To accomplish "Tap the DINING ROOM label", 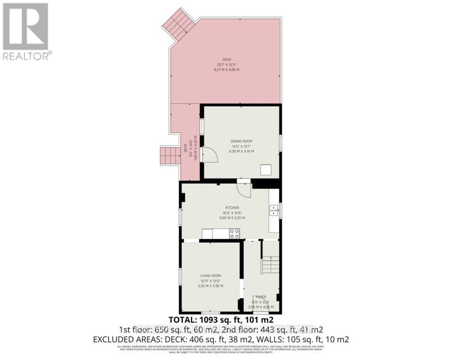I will (x=242, y=141).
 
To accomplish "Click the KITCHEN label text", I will (x=232, y=208).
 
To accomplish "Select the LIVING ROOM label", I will (x=211, y=275).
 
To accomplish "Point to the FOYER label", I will (x=261, y=297).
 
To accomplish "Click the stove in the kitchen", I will (x=234, y=234).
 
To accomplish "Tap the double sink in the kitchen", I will (x=274, y=211).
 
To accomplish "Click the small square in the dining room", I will (x=266, y=169).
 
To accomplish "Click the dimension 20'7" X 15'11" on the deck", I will (x=227, y=65).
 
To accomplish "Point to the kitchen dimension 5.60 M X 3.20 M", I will (x=232, y=218).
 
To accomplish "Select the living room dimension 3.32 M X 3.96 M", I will (x=211, y=286).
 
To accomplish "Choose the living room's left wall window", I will (x=180, y=276).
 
